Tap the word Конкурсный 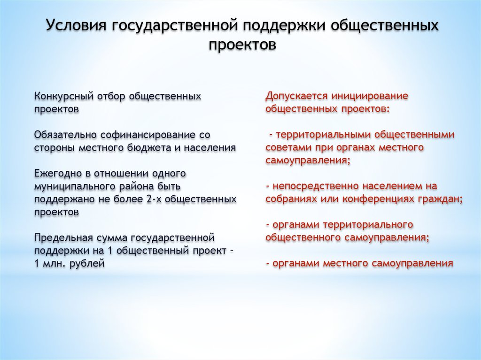[x=64, y=96]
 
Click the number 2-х [x=154, y=199]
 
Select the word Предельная [x=63, y=238]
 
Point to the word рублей [x=87, y=264]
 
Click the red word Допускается [x=297, y=96]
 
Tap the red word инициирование [x=370, y=96]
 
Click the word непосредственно [x=317, y=186]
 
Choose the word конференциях [x=379, y=199]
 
